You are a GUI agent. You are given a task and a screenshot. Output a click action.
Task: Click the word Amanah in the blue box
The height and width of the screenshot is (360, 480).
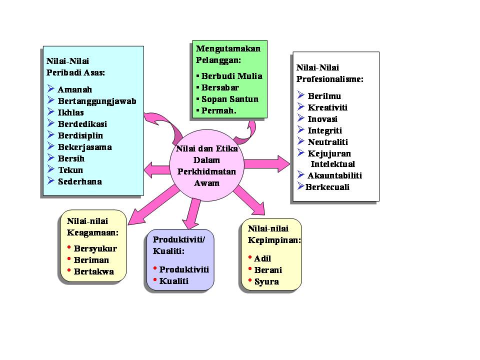pos(75,90)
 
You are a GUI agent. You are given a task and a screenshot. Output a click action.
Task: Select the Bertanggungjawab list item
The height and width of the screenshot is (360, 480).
pos(97,101)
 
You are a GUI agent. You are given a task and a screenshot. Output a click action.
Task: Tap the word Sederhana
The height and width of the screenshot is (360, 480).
pos(80,181)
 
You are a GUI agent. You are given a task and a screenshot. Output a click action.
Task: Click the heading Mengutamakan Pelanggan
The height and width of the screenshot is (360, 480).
pos(228,54)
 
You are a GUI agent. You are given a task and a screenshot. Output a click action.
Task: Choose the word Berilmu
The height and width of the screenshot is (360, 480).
pos(324,95)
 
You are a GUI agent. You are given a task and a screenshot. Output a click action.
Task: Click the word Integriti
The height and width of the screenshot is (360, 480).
pos(325,130)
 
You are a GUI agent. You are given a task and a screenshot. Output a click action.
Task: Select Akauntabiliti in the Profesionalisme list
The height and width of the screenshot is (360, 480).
pos(334,175)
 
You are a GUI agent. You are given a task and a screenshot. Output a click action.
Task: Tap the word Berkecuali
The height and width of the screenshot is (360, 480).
pos(327,187)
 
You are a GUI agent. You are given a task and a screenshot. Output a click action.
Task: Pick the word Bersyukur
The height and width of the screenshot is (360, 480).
pos(95,248)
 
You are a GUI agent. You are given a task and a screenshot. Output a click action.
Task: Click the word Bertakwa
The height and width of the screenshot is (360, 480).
pos(93,272)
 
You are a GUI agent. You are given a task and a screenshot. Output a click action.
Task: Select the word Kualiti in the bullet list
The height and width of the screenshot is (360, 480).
pos(174,281)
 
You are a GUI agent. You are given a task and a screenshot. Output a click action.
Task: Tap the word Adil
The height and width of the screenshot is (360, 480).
pos(262,258)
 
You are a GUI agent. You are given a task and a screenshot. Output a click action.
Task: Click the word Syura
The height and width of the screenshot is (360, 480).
pos(266,281)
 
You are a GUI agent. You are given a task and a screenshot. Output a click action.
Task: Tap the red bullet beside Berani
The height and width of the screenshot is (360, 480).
pos(249,268)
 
